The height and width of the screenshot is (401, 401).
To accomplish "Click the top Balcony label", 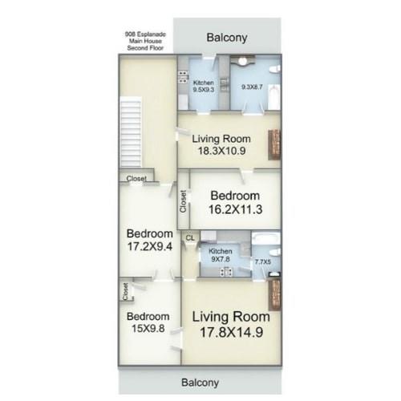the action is point(227,38).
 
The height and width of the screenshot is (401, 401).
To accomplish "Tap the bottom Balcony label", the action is point(200,383).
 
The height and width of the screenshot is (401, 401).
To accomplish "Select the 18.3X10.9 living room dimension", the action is point(221,151).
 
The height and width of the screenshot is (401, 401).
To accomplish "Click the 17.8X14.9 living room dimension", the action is point(231,332).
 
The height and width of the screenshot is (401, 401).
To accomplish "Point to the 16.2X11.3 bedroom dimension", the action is point(235,209).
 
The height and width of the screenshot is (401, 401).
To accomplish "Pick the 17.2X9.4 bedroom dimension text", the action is point(150,246).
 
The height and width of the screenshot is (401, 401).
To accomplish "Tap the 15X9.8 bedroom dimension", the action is point(148,329).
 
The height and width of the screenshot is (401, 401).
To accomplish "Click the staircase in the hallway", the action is point(131,132).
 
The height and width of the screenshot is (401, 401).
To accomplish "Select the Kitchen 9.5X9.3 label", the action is point(204,86).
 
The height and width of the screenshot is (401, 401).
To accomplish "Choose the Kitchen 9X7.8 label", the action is point(221,255).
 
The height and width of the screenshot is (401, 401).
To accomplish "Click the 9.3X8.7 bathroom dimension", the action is point(252,87).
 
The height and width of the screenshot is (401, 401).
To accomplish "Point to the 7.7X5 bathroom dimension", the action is point(262,262).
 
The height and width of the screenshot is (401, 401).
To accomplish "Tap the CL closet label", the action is point(190,238).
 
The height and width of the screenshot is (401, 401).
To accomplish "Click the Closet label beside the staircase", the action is point(136,178).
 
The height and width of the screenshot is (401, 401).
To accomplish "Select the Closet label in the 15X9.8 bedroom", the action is point(125,292).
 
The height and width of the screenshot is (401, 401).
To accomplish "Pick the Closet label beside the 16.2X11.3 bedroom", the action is point(183,201).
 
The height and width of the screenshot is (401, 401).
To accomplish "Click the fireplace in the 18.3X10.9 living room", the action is point(274,145).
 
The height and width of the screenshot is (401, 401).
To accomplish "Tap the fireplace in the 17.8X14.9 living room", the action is point(275,295).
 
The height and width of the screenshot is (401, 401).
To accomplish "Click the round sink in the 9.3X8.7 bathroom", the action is point(242,61).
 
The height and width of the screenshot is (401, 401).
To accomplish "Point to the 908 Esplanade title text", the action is point(145,41).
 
